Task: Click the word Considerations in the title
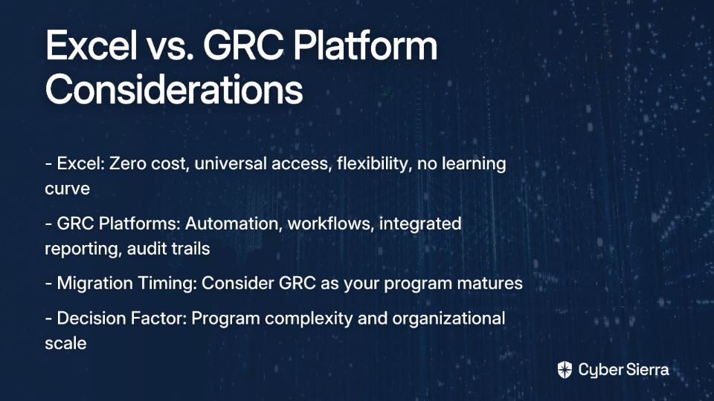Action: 174,90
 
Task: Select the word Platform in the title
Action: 365,45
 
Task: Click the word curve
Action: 68,189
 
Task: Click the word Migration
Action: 94,283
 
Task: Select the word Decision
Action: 91,319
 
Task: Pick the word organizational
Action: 448,319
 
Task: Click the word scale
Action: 65,343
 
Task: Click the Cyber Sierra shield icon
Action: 565,370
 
